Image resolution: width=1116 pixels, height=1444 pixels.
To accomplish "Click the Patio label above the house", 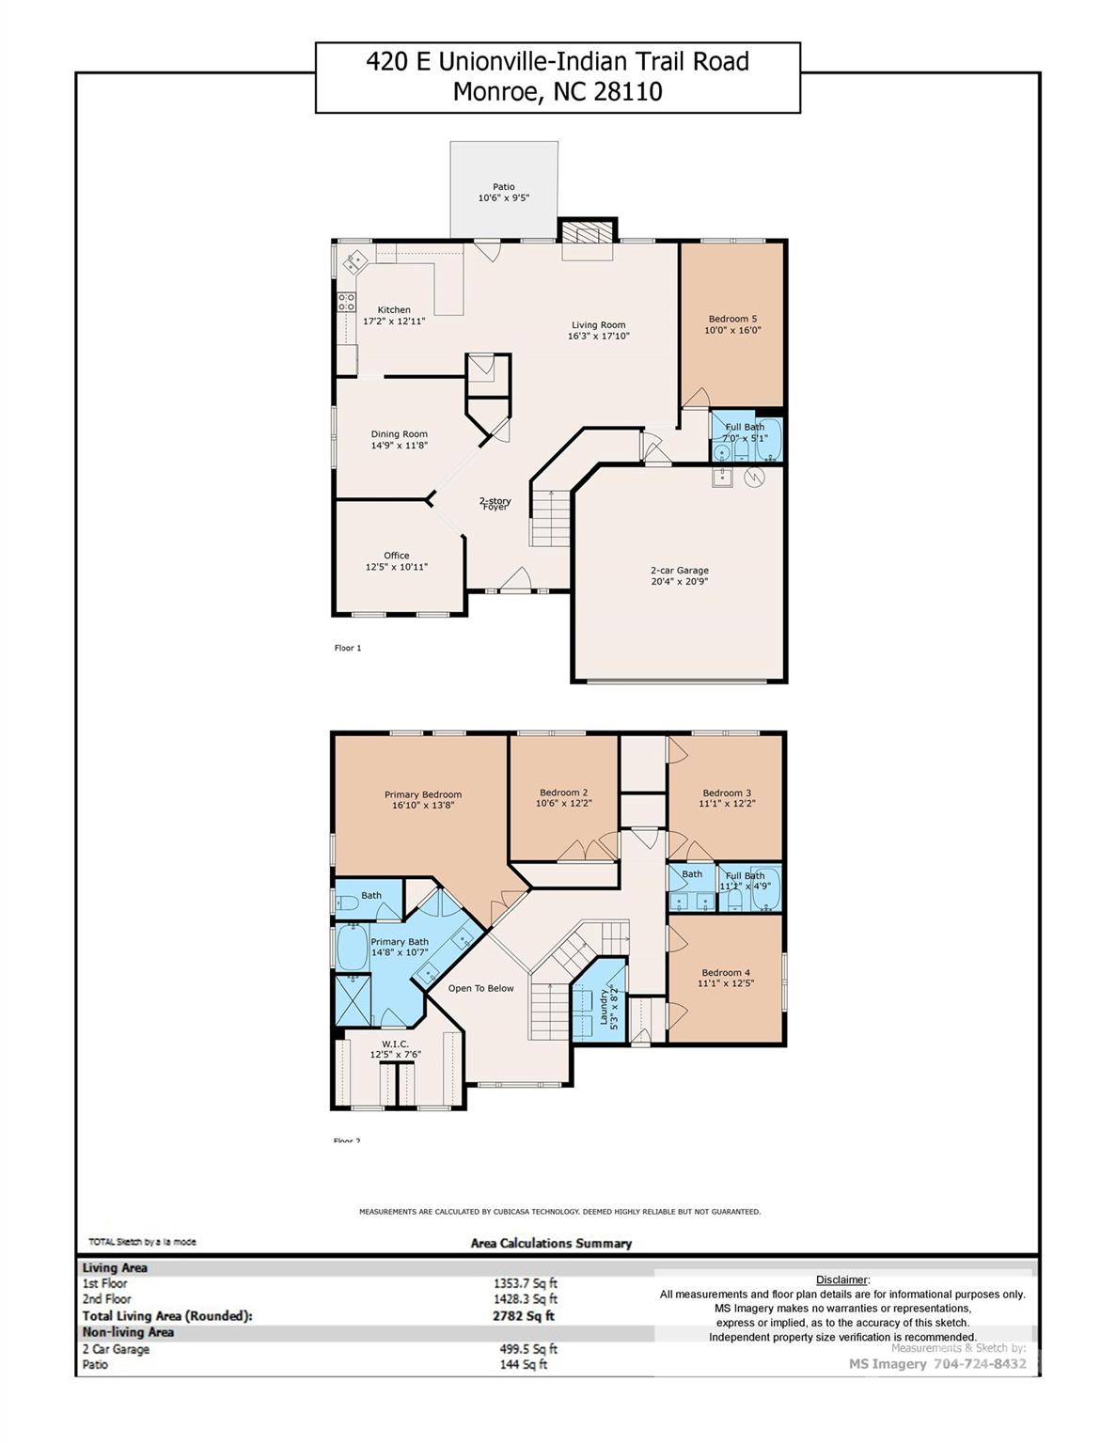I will pyautogui.click(x=504, y=187).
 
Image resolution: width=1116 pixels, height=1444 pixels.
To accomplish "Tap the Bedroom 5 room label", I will pyautogui.click(x=732, y=319).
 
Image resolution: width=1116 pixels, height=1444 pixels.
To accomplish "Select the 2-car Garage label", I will pyautogui.click(x=679, y=571).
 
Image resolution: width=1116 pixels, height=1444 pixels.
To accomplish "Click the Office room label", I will pyautogui.click(x=396, y=556).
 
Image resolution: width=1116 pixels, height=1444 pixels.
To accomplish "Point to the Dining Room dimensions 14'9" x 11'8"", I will pyautogui.click(x=399, y=446).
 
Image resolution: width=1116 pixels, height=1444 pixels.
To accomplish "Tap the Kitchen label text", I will pyautogui.click(x=394, y=310).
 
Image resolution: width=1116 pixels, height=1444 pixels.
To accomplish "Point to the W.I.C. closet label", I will pyautogui.click(x=395, y=1044).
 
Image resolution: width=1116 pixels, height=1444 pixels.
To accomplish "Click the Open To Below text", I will pyautogui.click(x=480, y=988).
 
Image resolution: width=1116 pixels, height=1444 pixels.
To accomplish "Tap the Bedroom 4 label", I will pyautogui.click(x=726, y=973).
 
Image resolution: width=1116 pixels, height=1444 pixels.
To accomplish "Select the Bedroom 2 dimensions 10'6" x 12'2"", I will pyautogui.click(x=563, y=804).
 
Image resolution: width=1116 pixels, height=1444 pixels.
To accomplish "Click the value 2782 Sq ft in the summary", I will pyautogui.click(x=524, y=1316).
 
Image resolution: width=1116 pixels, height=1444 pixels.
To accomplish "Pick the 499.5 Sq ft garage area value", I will pyautogui.click(x=525, y=1349).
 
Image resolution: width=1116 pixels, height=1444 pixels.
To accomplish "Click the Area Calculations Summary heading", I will pyautogui.click(x=551, y=1243).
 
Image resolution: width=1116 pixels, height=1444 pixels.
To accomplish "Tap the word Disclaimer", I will pyautogui.click(x=841, y=1279).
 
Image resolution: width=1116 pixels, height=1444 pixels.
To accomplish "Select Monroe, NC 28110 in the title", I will pyautogui.click(x=558, y=91).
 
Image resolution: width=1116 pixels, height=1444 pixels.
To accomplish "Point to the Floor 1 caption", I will pyautogui.click(x=347, y=648).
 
